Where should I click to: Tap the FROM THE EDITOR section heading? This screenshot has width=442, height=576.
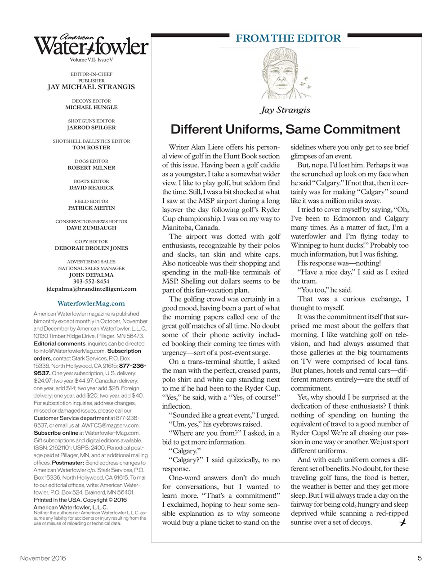pos(288,38)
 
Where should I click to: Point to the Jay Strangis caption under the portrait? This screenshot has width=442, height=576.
pos(285,110)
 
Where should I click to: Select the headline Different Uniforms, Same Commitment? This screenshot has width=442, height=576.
pos(285,130)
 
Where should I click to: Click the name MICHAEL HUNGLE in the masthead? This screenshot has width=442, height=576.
pos(91,108)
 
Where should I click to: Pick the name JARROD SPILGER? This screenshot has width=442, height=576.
pos(91,127)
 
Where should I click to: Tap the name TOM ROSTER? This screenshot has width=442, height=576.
pos(91,148)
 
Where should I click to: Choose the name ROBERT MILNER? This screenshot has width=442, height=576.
pos(91,167)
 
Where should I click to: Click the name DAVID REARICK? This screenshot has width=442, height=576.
pos(91,188)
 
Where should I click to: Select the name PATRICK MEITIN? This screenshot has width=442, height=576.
pos(91,208)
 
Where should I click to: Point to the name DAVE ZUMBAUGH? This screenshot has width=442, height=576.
pos(91,228)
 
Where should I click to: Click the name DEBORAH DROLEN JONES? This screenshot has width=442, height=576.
pos(91,248)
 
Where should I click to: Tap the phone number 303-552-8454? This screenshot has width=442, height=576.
pos(91,282)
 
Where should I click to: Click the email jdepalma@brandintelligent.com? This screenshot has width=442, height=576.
pos(91,289)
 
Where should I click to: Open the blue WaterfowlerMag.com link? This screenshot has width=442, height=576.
pos(91,303)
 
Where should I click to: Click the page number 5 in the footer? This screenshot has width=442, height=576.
pos(419,558)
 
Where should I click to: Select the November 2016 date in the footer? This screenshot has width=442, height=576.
pos(43,558)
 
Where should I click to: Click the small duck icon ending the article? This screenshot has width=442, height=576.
pos(403,522)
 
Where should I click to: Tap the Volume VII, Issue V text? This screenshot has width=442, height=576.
pos(91,59)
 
